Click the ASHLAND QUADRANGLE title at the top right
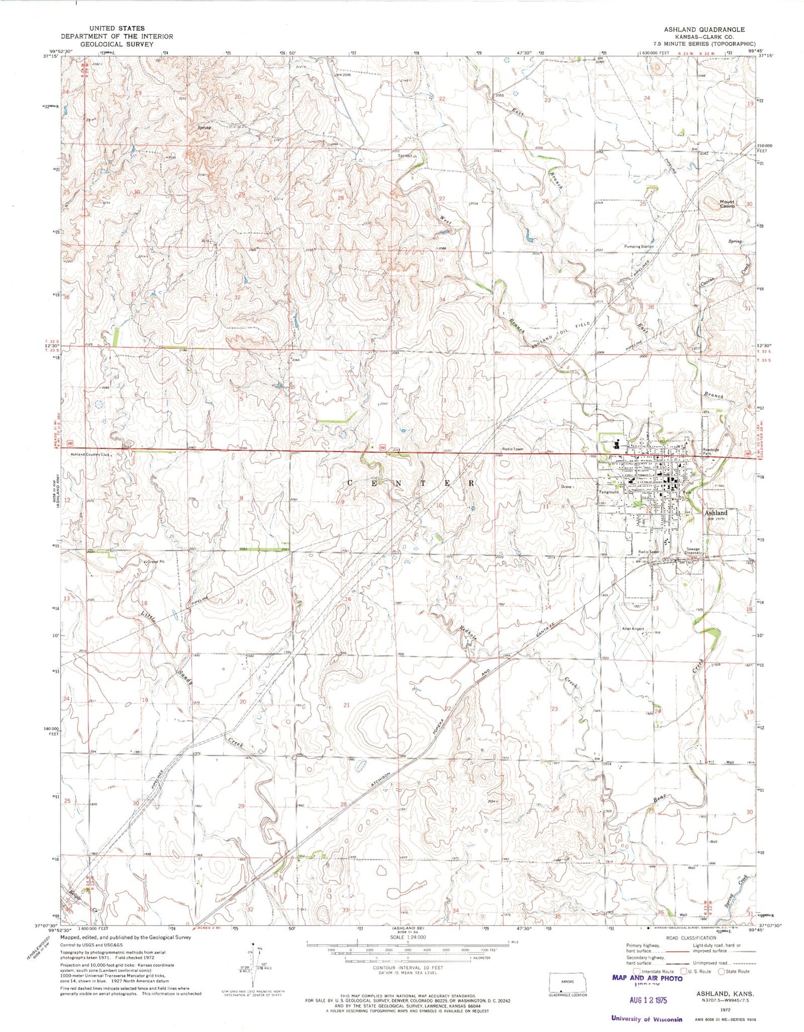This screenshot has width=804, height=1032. pos(708,29)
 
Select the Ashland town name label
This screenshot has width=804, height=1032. pos(716,513)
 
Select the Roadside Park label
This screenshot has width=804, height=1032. pos(711,452)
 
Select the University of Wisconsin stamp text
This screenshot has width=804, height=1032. pos(646,1019)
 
